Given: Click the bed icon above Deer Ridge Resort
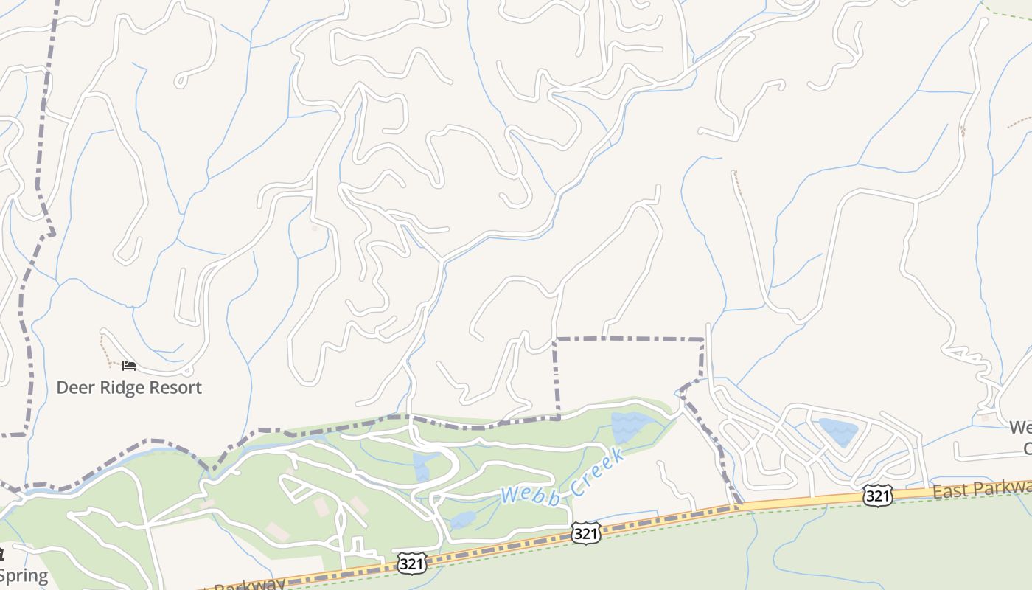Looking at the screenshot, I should pos(129,365).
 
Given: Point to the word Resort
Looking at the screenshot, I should pos(177,388).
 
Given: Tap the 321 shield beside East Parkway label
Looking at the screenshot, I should pos(878,496).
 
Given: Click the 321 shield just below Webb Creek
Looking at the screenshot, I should pos(585,533).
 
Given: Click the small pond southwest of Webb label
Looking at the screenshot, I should pos(462,520).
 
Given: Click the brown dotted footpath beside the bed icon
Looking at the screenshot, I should pos(106,351).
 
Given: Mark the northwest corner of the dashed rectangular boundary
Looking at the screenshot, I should pos(556,339).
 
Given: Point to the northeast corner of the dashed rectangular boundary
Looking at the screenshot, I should pos(702,340).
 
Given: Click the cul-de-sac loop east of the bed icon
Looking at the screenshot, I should pos(187,370).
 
